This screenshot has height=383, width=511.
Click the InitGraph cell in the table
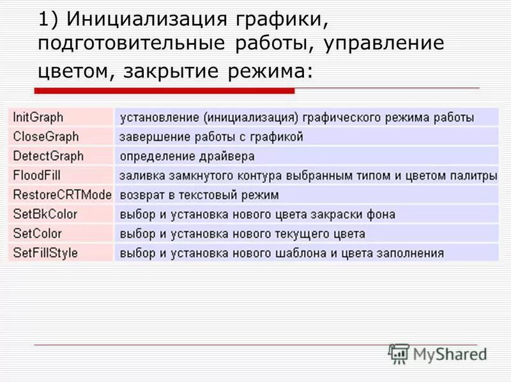coord(38,117)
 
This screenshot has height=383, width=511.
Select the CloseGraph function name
coord(45,137)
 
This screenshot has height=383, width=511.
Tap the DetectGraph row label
coord(48,156)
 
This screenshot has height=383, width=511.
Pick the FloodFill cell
coord(37,175)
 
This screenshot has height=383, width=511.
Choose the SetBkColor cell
coord(45,214)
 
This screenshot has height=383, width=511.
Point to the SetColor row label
coord(38,234)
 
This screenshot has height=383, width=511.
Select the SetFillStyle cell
coord(45,253)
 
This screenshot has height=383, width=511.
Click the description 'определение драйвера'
coord(187,156)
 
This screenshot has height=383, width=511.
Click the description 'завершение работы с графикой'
coord(211,137)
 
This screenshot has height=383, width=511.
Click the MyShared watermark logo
coord(438,354)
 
